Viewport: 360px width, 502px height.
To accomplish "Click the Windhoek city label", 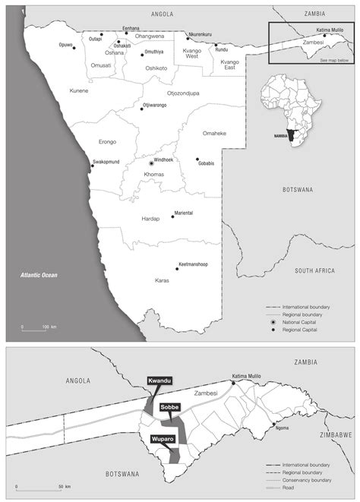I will pyautogui.click(x=165, y=161).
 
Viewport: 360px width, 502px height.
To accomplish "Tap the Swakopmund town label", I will pyautogui.click(x=106, y=161).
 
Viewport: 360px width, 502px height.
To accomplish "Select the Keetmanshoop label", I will pyautogui.click(x=193, y=264).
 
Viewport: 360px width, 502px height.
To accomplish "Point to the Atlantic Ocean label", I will pyautogui.click(x=39, y=275).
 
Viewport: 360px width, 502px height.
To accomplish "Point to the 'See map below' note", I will pyautogui.click(x=334, y=59).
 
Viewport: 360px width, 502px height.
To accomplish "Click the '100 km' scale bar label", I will pyautogui.click(x=49, y=327).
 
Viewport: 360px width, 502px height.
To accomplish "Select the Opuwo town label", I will pyautogui.click(x=65, y=45).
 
